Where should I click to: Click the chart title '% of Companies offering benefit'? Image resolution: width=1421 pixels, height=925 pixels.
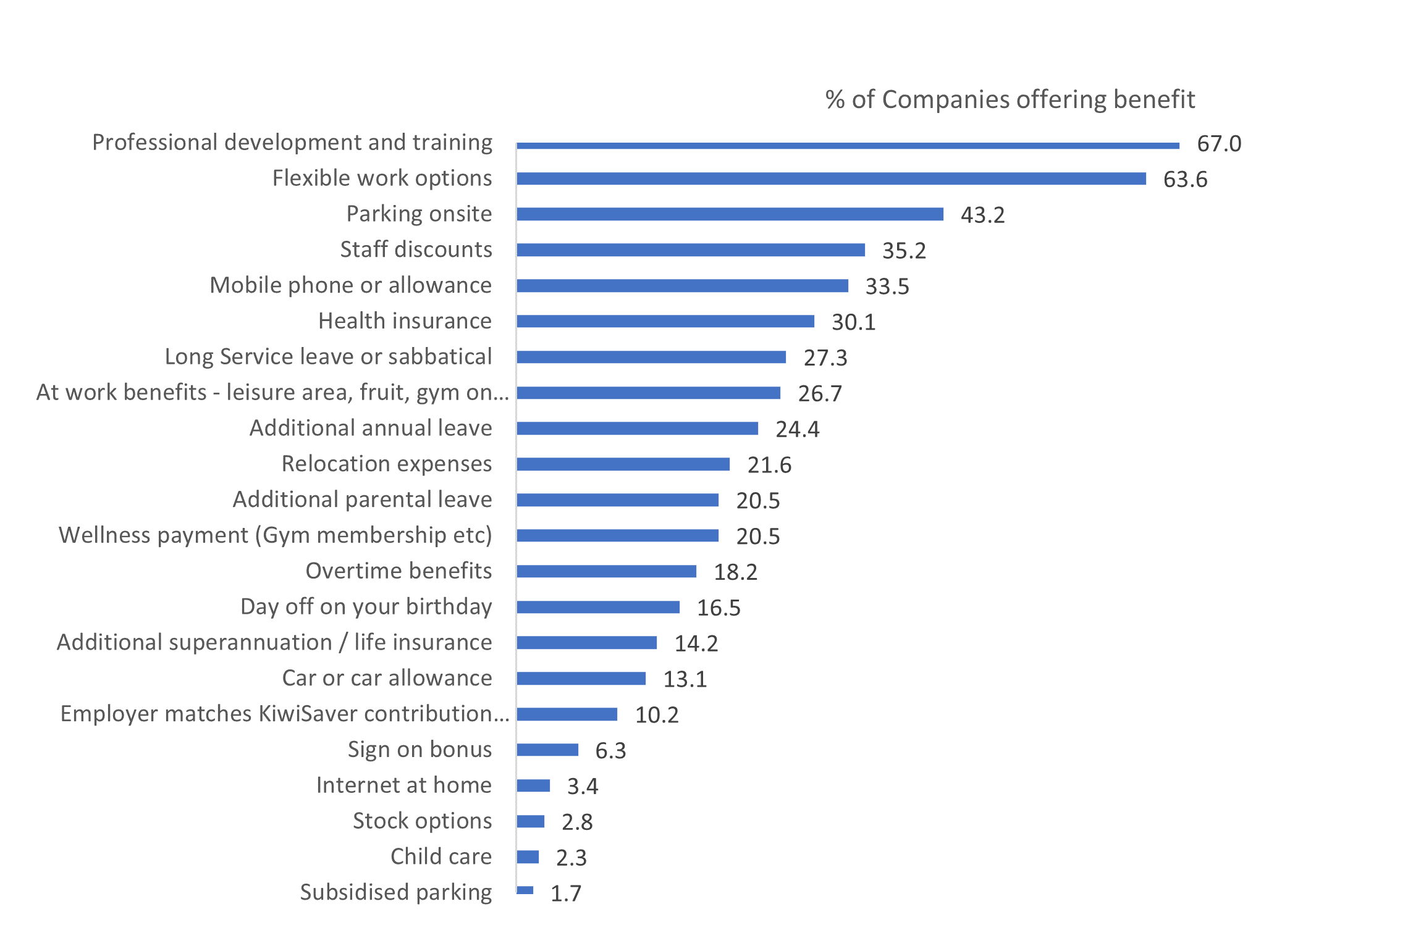tap(1010, 99)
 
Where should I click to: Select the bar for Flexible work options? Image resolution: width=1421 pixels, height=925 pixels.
tap(831, 178)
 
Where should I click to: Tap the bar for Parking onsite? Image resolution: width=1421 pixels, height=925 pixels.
tap(730, 214)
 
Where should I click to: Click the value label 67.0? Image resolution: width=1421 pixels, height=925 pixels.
tap(1218, 144)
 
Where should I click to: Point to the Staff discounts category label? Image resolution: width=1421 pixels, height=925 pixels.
tap(416, 249)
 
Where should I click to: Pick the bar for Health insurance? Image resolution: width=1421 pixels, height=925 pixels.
tap(665, 321)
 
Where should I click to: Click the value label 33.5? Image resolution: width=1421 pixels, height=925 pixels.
tap(887, 287)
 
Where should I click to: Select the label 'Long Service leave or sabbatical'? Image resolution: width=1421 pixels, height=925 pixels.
tap(328, 357)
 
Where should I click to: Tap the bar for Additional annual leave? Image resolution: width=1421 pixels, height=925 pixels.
tap(637, 429)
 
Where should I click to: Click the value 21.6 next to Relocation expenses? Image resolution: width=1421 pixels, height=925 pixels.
tap(769, 465)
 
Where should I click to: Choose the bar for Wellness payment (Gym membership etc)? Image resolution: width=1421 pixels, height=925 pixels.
tap(617, 535)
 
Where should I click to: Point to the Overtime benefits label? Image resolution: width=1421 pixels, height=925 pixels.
tap(398, 571)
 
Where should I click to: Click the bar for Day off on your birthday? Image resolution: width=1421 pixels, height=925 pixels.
tap(598, 607)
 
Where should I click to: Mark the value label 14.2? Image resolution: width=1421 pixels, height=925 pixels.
tap(696, 643)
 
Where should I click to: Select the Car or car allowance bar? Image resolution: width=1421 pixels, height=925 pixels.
tap(581, 679)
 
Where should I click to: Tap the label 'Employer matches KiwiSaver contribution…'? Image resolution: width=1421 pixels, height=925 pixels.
tap(284, 714)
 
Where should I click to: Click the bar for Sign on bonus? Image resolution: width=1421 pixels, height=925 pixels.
tap(547, 750)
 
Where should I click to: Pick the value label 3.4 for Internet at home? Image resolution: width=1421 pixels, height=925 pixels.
tap(582, 787)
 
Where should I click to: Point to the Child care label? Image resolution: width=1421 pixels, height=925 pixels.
tap(441, 857)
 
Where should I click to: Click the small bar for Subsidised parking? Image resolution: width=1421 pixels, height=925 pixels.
tap(525, 890)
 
